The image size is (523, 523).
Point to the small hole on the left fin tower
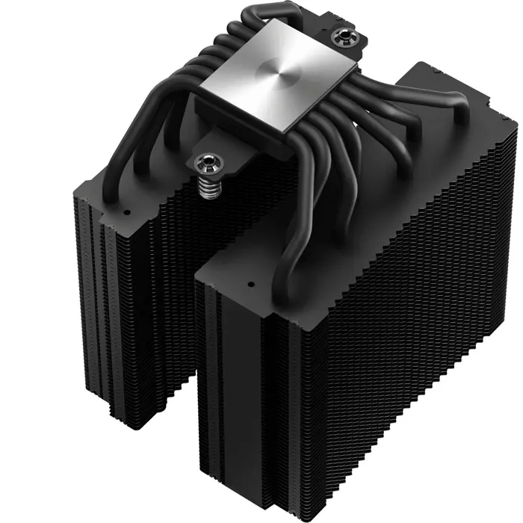point(126,211)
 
